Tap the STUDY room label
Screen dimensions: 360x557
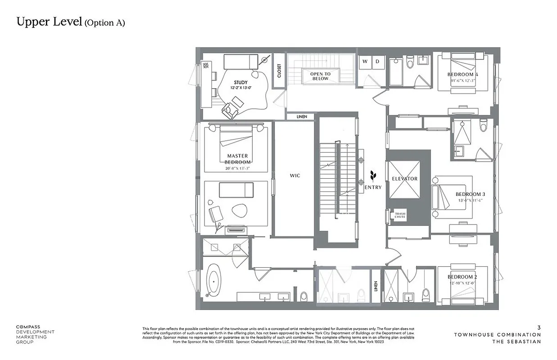point(241,82)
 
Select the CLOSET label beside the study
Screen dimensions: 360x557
point(279,71)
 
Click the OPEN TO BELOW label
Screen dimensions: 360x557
point(321,76)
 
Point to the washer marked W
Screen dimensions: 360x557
point(365,61)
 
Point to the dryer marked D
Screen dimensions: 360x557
point(378,61)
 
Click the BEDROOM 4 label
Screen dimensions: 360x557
point(462,74)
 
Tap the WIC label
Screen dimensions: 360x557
point(294,176)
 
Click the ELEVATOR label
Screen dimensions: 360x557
point(404,179)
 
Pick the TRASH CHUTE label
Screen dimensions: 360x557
point(400,215)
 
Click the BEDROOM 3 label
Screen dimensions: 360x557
point(470,194)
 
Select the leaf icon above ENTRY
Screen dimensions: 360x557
point(372,175)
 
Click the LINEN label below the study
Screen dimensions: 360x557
point(302,117)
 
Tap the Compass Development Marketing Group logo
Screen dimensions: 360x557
point(35,334)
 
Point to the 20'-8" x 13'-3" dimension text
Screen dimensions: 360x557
point(238,168)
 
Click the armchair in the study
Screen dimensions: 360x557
point(231,109)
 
